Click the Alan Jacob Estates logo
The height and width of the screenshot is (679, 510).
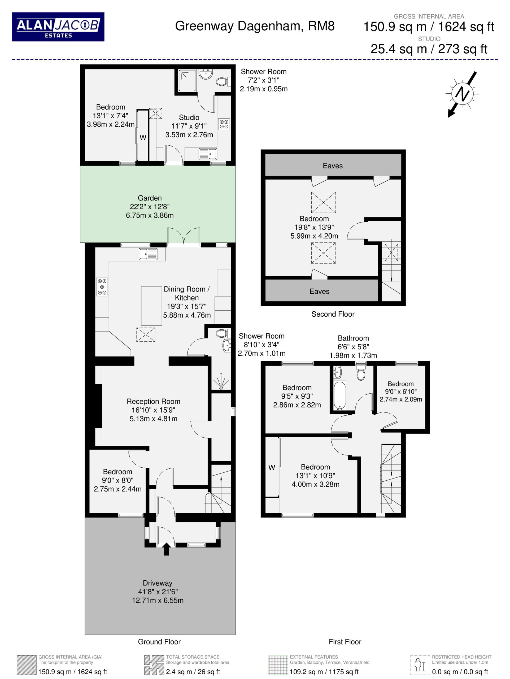click(58, 27)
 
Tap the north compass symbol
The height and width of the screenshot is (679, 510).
click(463, 94)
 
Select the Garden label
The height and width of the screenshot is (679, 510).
click(150, 207)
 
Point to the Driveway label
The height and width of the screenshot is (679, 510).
click(158, 591)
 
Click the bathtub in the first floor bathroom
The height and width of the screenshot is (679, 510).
click(340, 395)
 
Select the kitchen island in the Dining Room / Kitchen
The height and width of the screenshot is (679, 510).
click(152, 306)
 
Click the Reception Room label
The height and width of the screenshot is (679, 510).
click(154, 410)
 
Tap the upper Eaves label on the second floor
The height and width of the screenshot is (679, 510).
click(333, 166)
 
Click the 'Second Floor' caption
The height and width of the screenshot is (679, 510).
click(333, 314)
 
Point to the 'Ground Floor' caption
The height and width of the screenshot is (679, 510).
click(159, 642)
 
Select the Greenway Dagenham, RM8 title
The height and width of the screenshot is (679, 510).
click(255, 26)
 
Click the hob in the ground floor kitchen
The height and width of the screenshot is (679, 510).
click(102, 287)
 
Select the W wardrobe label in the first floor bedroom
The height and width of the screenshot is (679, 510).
click(272, 468)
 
